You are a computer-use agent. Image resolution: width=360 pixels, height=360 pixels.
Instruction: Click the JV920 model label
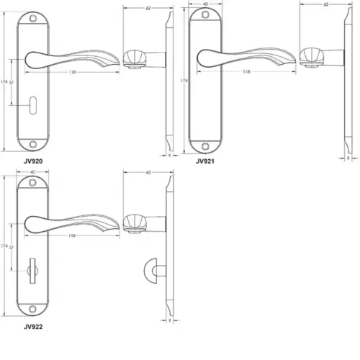click(x=34, y=161)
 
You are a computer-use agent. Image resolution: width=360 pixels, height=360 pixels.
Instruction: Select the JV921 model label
click(x=207, y=161)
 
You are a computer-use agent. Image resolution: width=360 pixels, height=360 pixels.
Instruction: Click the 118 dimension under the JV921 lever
click(x=247, y=72)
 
